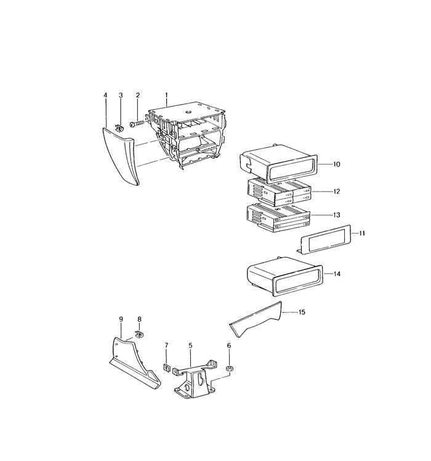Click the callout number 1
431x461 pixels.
(166, 96)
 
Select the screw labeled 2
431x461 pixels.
(137, 124)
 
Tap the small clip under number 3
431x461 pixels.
(119, 129)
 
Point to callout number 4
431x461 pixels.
(105, 96)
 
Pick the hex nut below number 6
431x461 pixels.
(229, 369)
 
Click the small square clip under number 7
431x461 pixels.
(167, 367)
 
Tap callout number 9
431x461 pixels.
(121, 319)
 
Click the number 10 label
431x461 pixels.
(336, 165)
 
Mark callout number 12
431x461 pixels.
(336, 192)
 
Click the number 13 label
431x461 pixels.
(336, 215)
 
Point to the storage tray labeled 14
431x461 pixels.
(284, 277)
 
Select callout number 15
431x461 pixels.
(302, 312)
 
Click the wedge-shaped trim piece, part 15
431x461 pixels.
(256, 320)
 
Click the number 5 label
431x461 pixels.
(190, 346)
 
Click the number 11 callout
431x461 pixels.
(361, 233)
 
